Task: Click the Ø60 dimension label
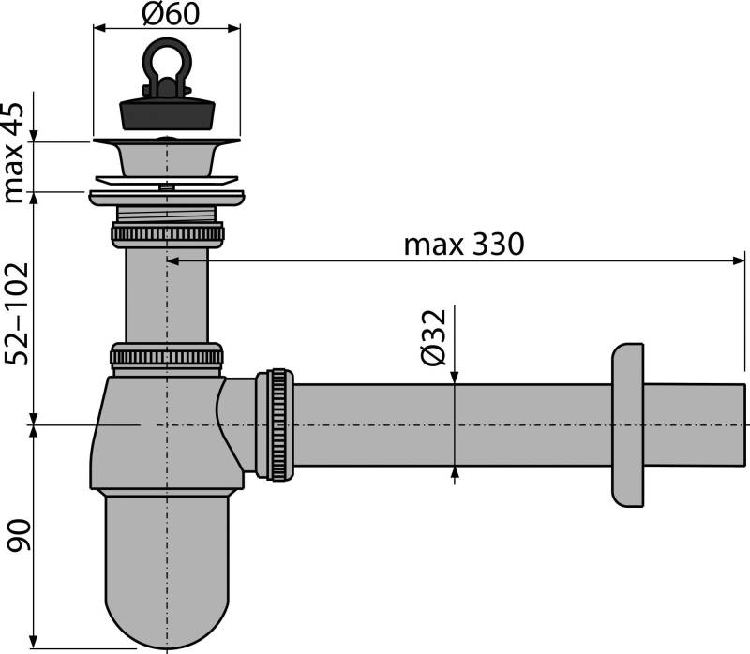tap(166, 15)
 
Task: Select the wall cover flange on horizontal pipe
tap(628, 424)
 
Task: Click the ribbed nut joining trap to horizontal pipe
tap(279, 424)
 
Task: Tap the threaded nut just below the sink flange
tap(167, 231)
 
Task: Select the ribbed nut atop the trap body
tap(167, 356)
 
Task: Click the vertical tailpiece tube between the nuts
tap(167, 295)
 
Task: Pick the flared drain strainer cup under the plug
tap(166, 156)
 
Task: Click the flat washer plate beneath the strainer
tap(166, 197)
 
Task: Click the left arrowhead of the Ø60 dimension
tap(98, 29)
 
